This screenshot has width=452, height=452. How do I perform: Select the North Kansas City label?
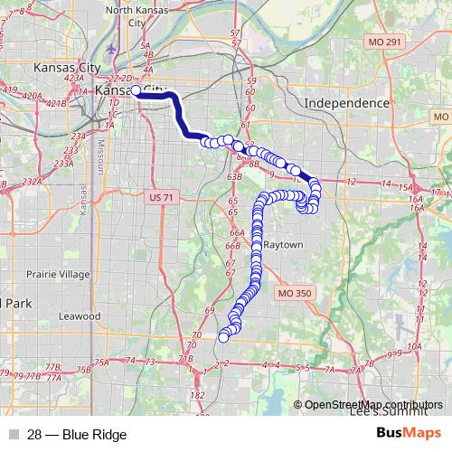[x=138, y=15]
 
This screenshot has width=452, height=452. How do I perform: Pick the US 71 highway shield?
[x=159, y=196]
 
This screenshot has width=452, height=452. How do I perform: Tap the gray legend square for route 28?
[x=12, y=435]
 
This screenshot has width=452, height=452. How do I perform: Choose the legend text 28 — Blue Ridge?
[x=77, y=435]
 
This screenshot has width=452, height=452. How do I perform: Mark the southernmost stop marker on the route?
[x=223, y=337]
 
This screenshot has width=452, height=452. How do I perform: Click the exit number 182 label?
[x=198, y=396]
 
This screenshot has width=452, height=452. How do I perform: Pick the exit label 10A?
[x=414, y=346]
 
